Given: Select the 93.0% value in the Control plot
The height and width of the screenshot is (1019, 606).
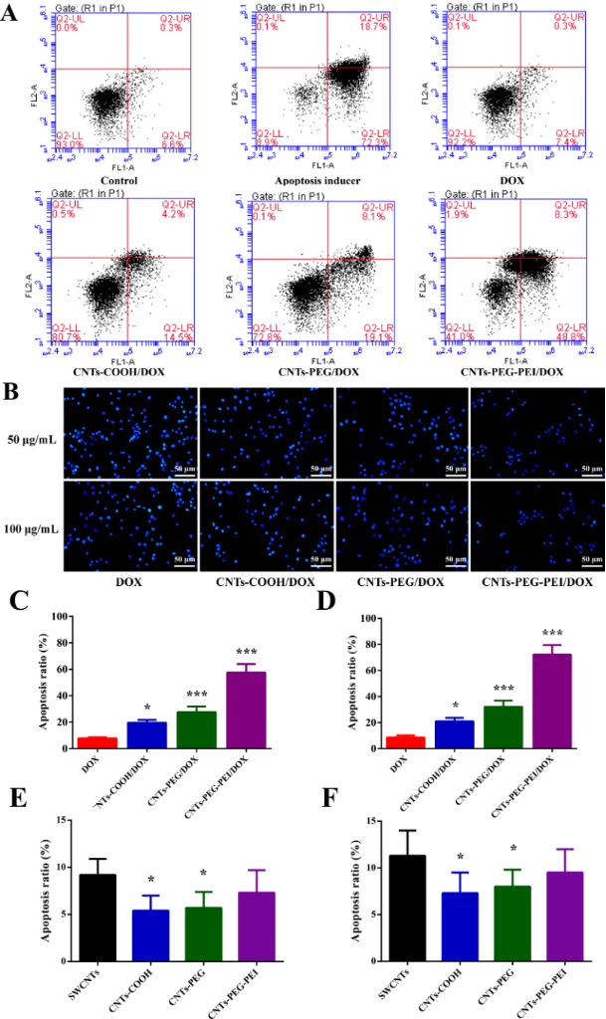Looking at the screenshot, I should click(x=69, y=142).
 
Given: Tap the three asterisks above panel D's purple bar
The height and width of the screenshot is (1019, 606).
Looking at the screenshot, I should click(x=552, y=633).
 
